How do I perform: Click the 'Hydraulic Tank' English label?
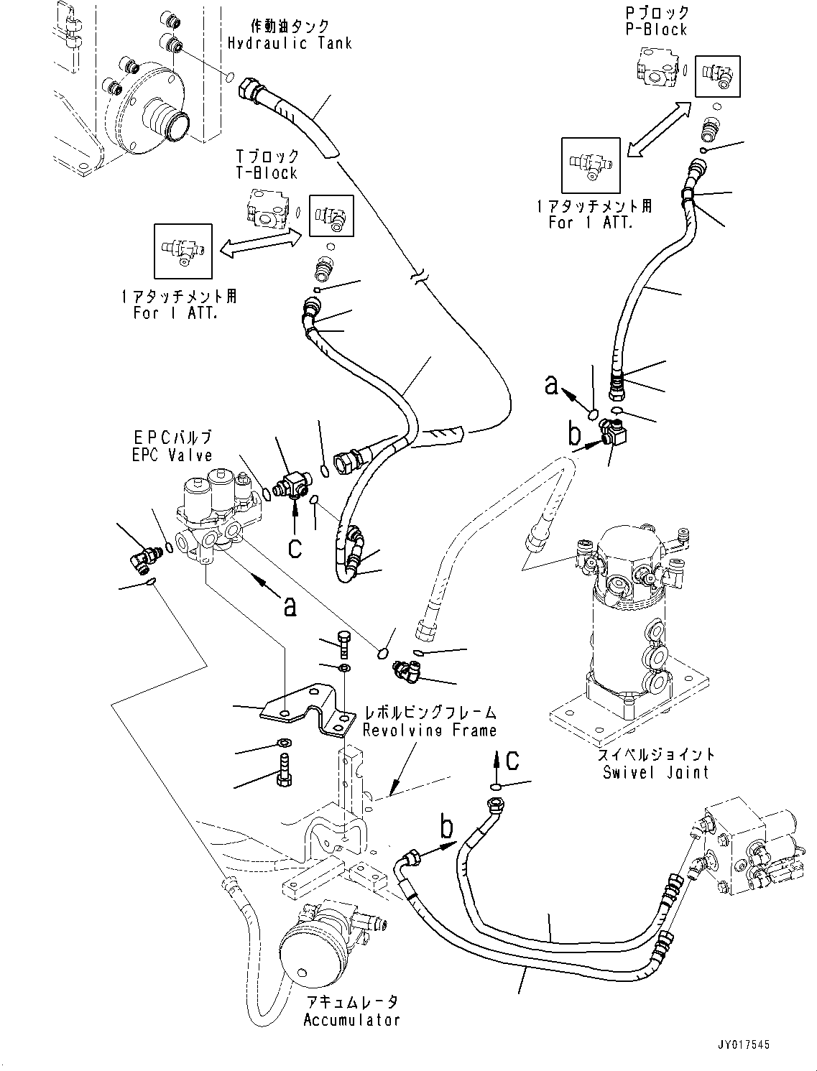click(x=290, y=43)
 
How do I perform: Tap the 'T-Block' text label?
click(x=267, y=173)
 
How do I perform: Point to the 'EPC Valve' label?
click(x=172, y=455)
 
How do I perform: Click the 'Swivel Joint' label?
click(x=655, y=772)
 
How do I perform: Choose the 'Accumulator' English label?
click(x=351, y=1020)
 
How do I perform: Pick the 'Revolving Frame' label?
click(x=429, y=731)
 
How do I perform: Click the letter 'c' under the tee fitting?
click(x=295, y=548)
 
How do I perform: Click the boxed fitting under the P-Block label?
click(x=717, y=75)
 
